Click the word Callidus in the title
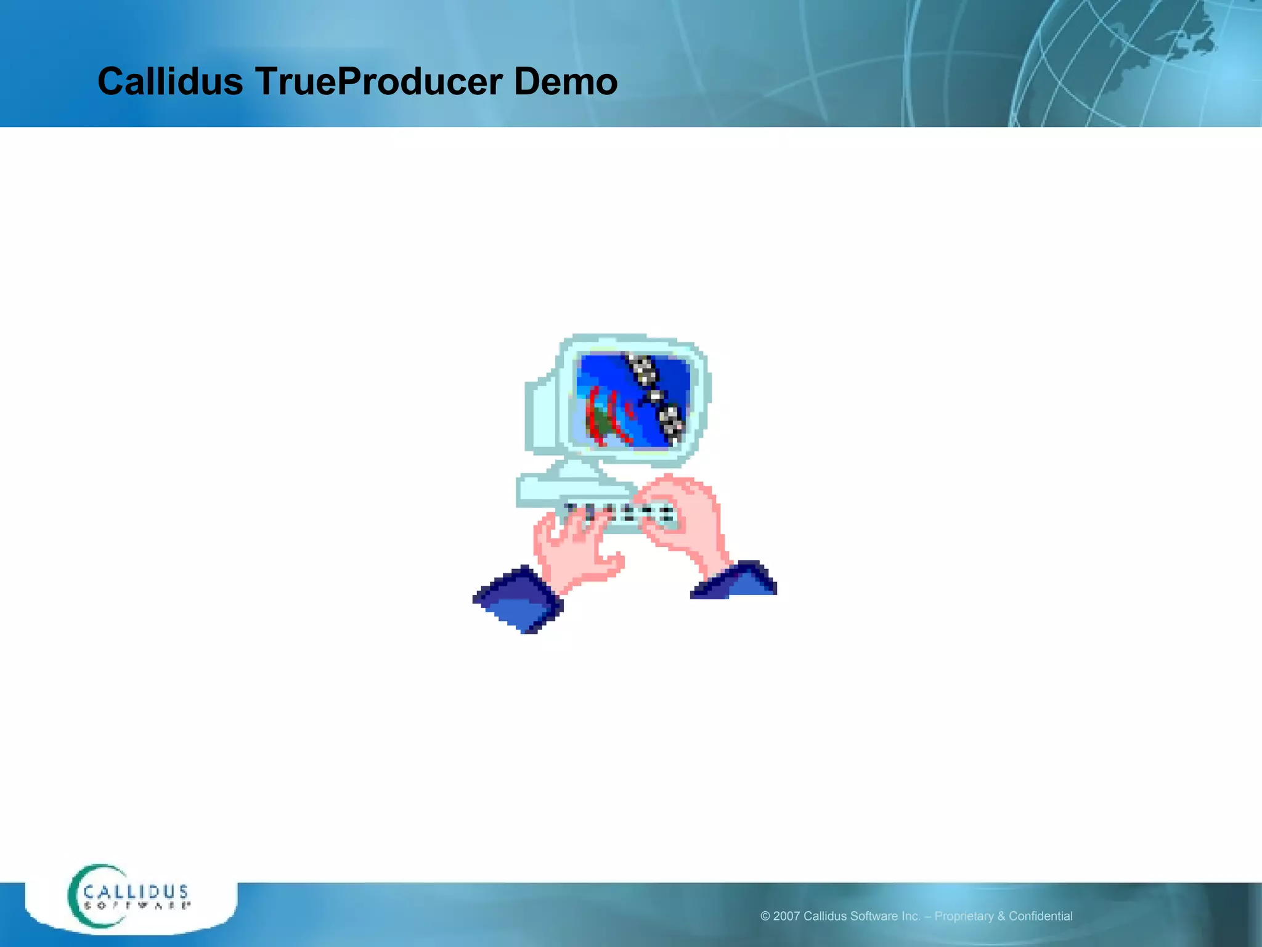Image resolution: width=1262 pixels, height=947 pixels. pos(170,81)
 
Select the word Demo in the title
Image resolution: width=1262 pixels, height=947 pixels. pos(565,81)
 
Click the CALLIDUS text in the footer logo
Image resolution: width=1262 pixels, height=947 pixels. pos(136,892)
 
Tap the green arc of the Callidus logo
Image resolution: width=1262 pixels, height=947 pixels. pos(77,897)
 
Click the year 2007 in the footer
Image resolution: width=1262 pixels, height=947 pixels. pos(786,916)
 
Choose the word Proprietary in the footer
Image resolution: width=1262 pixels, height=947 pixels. pos(964,916)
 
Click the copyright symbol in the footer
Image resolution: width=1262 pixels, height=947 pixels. pos(765,916)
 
